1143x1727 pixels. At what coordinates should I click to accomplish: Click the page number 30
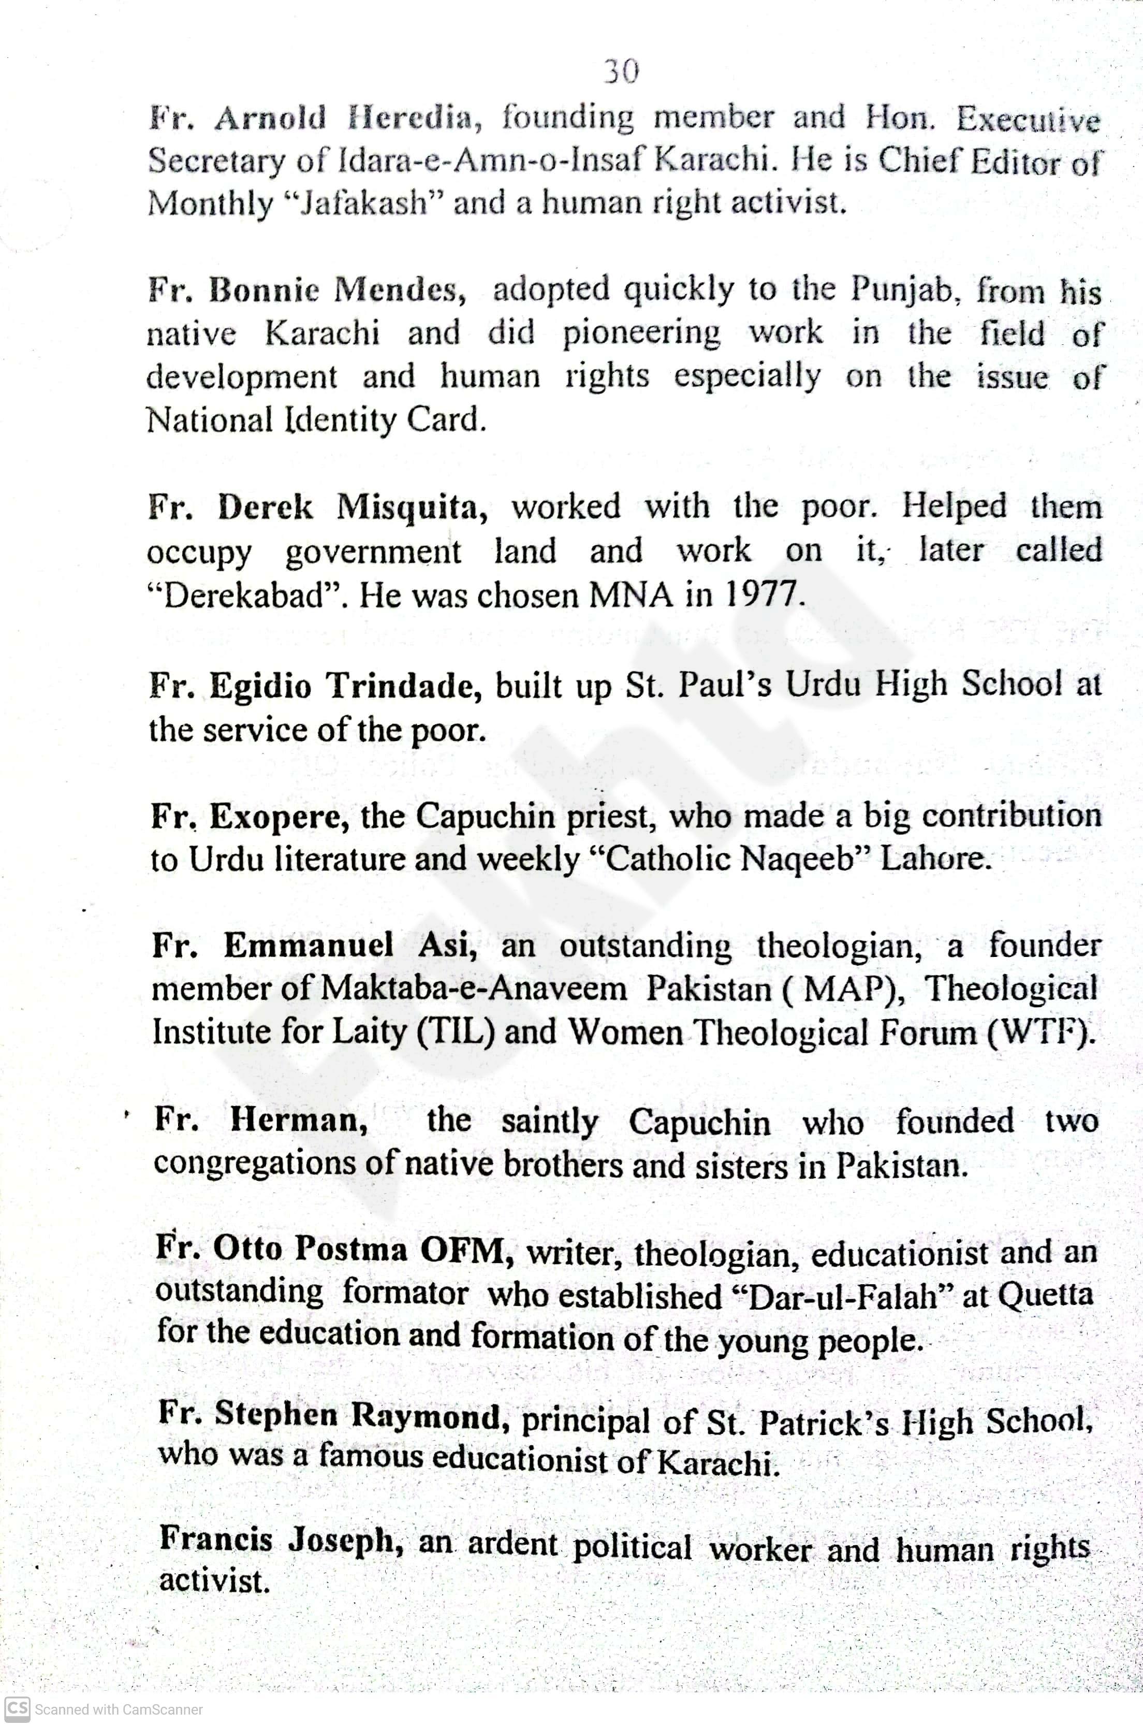pyautogui.click(x=621, y=71)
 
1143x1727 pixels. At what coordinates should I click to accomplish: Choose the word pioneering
pyautogui.click(x=641, y=334)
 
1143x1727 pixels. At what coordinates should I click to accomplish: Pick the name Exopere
pyautogui.click(x=279, y=817)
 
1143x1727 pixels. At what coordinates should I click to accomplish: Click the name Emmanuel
pyautogui.click(x=309, y=946)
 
